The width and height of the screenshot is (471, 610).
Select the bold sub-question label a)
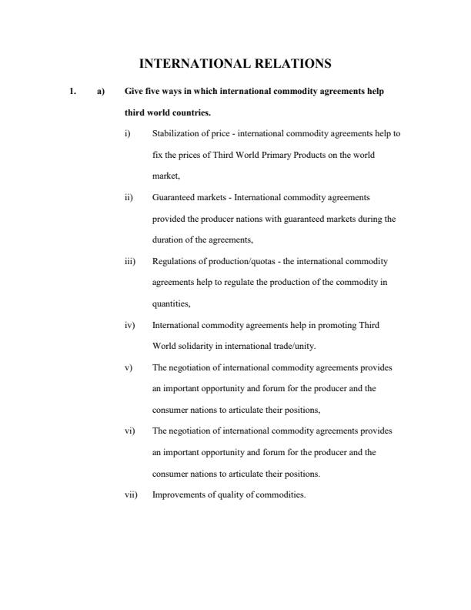coord(100,92)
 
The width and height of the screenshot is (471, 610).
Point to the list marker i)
coord(128,134)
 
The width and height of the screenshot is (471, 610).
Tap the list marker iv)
coord(130,325)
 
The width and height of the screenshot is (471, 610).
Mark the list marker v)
coord(129,367)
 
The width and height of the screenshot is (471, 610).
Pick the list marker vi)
coord(130,431)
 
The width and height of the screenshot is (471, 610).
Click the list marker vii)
coord(131,495)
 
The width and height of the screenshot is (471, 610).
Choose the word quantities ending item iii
coord(172,303)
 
